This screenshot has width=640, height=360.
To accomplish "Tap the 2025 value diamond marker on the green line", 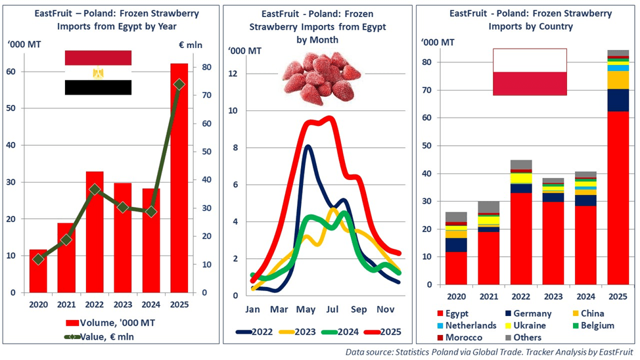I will (179, 84).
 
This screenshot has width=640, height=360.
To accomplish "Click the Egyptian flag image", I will (98, 72).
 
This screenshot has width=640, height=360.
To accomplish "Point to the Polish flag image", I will (530, 72).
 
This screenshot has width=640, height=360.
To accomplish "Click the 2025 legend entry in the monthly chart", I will (382, 332).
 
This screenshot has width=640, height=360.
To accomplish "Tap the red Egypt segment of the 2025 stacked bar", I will (617, 197).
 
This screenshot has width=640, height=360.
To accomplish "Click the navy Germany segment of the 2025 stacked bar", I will (617, 100).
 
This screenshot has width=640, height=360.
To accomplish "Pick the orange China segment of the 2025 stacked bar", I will (617, 79).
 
